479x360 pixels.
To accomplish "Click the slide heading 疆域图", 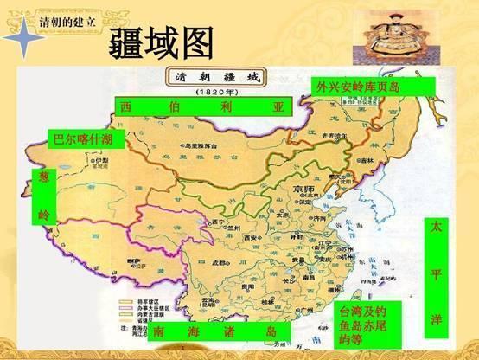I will [163, 42].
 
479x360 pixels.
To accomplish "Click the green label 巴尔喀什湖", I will [81, 138].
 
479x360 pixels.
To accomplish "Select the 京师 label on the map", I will [304, 190].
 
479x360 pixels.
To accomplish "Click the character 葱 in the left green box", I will [44, 177].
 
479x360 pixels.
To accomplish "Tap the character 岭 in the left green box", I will [44, 213].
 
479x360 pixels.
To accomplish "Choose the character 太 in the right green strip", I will [436, 227].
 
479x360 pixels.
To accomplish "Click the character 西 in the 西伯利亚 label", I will [126, 107].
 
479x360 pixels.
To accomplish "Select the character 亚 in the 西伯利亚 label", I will [278, 107].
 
